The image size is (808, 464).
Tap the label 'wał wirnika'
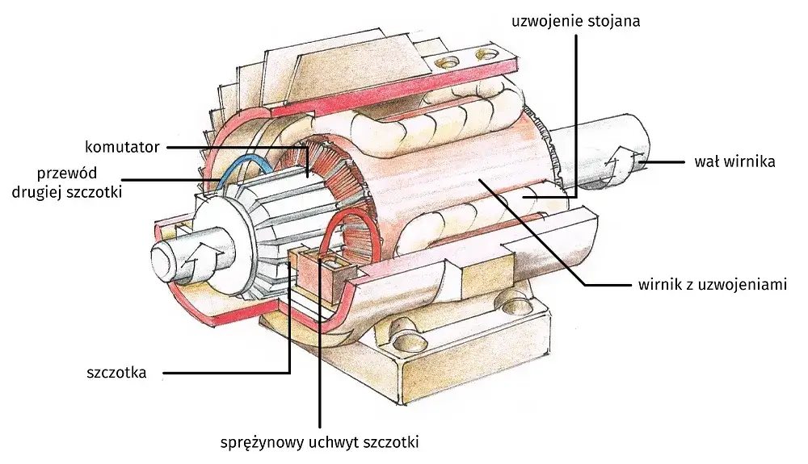[x=734, y=161]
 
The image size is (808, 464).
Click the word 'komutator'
[x=122, y=147]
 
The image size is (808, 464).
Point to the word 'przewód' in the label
[x=69, y=173]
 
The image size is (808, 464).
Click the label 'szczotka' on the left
[x=116, y=373]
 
